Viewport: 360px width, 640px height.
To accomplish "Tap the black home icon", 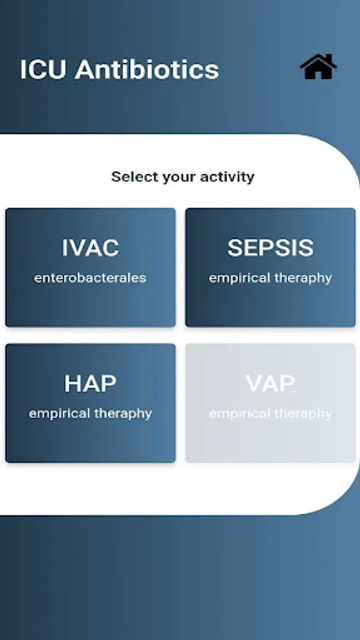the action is point(318,67).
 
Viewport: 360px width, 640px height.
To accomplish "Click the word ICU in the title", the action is point(43,70).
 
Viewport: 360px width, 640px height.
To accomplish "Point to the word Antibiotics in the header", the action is point(147,70).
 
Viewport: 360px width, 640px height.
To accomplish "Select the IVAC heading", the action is point(90,247).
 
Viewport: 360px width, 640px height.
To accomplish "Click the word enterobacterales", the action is point(90,278).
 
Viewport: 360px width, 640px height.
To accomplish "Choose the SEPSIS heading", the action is point(270,247).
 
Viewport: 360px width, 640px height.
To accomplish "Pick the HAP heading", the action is point(90,383).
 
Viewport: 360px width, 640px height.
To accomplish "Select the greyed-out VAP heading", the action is point(270,383).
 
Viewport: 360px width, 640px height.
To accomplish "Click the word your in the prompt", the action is point(179,178).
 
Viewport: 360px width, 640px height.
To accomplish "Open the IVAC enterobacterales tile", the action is point(90,267).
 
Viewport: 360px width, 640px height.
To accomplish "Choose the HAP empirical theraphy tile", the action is point(90,403).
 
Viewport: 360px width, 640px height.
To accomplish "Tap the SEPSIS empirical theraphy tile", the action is point(270,267).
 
